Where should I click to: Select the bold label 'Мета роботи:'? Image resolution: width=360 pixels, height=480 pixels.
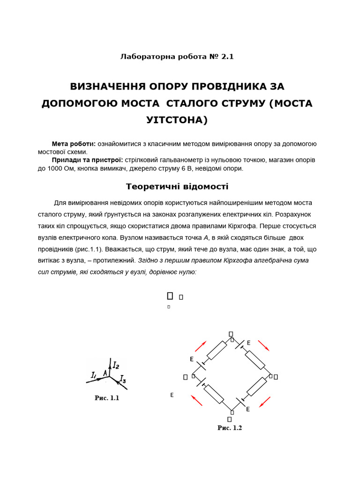pos(74,144)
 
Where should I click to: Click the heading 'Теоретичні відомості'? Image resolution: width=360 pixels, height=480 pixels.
pos(177,187)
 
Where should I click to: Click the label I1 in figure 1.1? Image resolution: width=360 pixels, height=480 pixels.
pos(93,375)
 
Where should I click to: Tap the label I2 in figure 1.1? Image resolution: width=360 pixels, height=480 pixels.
pos(116,364)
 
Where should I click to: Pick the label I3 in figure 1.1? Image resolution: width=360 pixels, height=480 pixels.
pos(123,378)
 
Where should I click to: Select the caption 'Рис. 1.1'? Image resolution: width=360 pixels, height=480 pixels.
pos(107,398)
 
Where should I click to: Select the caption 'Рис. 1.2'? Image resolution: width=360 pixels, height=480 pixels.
pos(230,428)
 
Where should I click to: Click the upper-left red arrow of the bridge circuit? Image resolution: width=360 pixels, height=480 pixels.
pos(200,346)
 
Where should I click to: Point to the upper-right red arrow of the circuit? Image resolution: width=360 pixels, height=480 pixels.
pos(263,346)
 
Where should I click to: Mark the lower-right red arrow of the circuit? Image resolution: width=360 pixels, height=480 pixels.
pos(265,402)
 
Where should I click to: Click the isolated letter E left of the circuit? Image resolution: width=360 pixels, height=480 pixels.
pos(172,396)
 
